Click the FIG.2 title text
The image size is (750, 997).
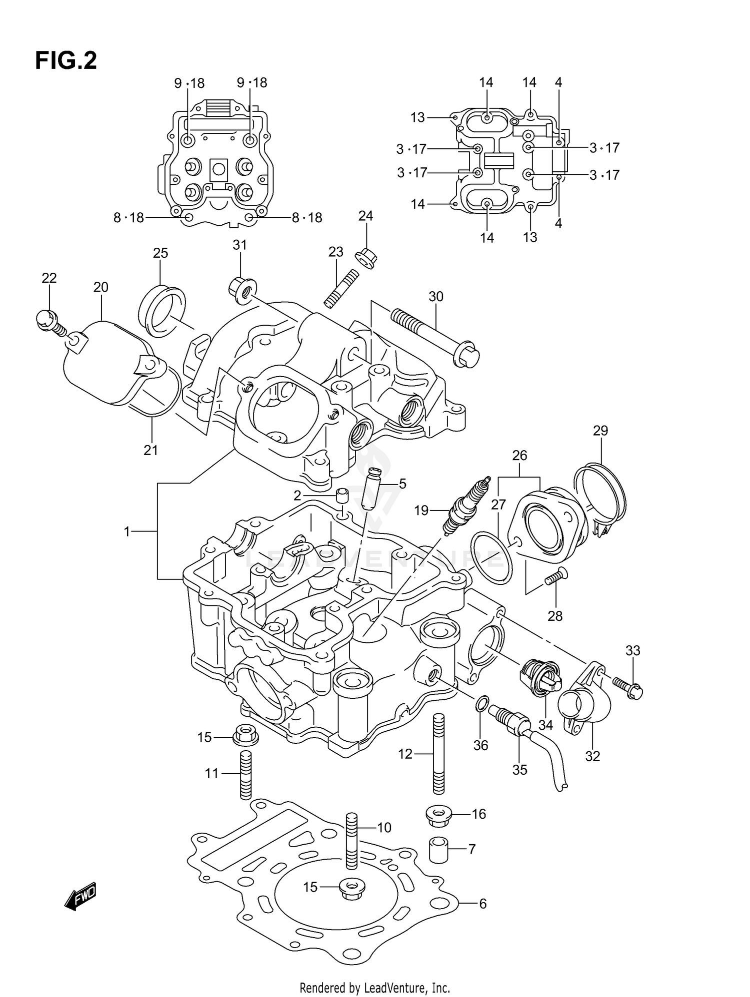coord(65,60)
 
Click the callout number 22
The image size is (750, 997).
coord(49,278)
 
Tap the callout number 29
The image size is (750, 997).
coord(600,430)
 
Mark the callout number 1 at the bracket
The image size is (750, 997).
coord(127,532)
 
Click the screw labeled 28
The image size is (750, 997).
coord(555,577)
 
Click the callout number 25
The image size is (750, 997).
coord(160,253)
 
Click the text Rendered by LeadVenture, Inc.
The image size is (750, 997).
coord(374,988)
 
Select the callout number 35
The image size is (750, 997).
coord(519,770)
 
